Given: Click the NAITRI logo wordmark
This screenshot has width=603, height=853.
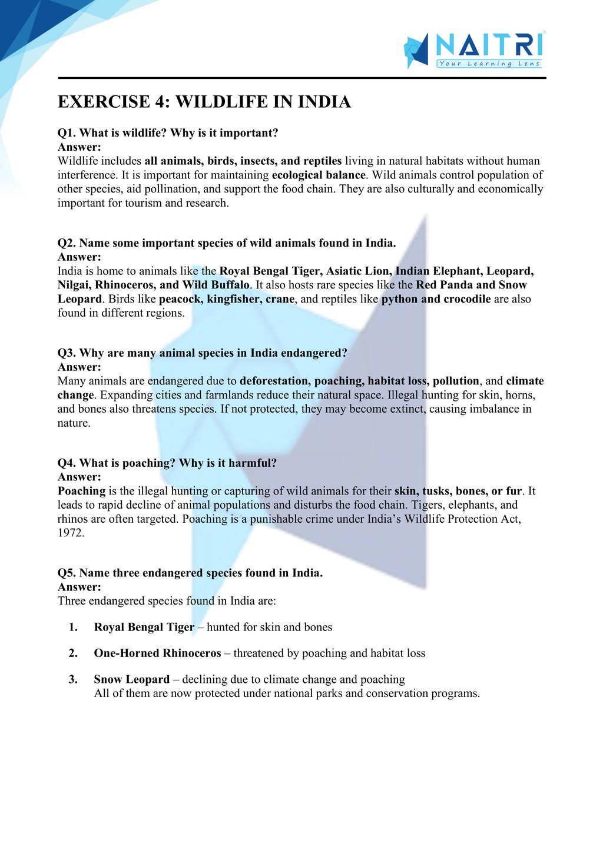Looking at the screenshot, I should [x=489, y=45].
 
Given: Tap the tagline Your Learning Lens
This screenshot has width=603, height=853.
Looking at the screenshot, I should [x=489, y=64].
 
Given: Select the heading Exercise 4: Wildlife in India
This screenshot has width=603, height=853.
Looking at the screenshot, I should [x=204, y=102].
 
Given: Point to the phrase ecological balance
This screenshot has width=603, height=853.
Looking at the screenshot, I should [x=319, y=175].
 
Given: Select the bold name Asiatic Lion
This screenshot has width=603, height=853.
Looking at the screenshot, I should [x=357, y=271].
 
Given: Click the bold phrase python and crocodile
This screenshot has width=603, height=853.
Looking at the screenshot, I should [x=436, y=299].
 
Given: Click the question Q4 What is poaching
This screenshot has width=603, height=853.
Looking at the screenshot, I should [x=167, y=463].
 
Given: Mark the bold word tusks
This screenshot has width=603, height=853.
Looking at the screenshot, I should [x=437, y=491].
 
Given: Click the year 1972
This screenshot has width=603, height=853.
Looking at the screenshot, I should [x=71, y=533].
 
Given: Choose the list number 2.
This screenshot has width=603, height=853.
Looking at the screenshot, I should [x=73, y=653].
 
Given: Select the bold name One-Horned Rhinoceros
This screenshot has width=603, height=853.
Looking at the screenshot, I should [x=157, y=653].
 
